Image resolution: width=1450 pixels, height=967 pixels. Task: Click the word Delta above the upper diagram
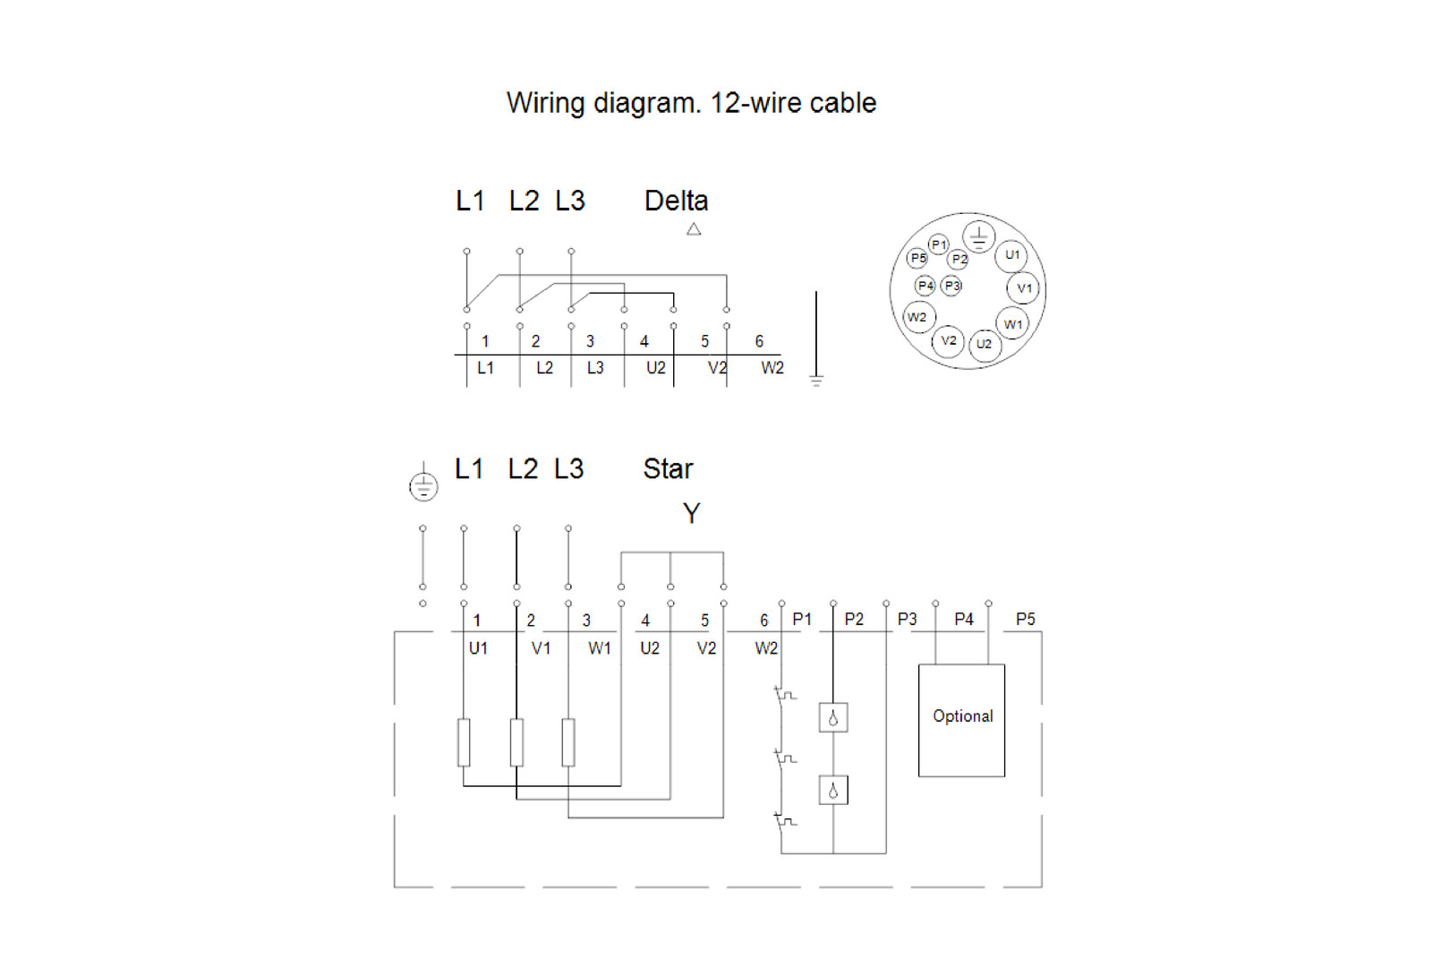(676, 201)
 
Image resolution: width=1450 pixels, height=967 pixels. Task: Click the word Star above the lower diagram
(668, 469)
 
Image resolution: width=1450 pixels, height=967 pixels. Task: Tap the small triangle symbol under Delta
(694, 229)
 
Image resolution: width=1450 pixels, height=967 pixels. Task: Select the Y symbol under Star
(691, 514)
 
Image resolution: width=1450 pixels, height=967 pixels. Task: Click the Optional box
(961, 720)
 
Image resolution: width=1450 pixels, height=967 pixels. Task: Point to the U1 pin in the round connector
(1011, 256)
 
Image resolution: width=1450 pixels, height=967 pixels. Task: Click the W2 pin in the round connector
(918, 317)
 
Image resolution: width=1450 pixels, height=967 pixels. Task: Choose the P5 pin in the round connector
(917, 259)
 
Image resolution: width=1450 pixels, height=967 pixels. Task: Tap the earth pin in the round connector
(978, 236)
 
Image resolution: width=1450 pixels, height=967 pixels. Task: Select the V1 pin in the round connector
(1023, 288)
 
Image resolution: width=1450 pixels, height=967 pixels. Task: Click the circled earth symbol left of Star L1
(423, 486)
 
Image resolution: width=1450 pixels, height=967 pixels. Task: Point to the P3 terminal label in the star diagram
(907, 620)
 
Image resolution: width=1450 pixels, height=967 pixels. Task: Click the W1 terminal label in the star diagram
(600, 648)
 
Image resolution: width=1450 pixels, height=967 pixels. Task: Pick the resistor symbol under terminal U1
(464, 742)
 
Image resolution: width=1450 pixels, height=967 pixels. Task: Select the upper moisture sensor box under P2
(833, 718)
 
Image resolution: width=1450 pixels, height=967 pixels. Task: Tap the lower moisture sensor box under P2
(833, 791)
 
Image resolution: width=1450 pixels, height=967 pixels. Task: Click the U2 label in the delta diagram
(656, 369)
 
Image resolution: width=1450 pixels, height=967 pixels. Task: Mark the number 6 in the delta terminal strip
(759, 341)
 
